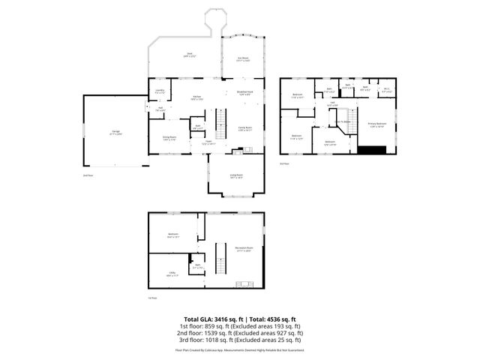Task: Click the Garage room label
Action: click(x=116, y=133)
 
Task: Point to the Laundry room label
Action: click(x=160, y=91)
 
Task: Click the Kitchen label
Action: click(x=196, y=97)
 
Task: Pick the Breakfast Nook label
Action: click(x=244, y=93)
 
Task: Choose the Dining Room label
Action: click(x=169, y=138)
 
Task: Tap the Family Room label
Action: click(x=244, y=129)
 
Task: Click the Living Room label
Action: click(x=236, y=176)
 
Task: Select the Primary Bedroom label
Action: click(x=377, y=125)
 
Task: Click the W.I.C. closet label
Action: click(x=386, y=90)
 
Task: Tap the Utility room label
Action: click(x=172, y=274)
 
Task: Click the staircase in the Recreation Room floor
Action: click(x=220, y=259)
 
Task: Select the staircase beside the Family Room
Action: click(x=220, y=120)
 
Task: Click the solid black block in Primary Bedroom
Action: click(x=372, y=148)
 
